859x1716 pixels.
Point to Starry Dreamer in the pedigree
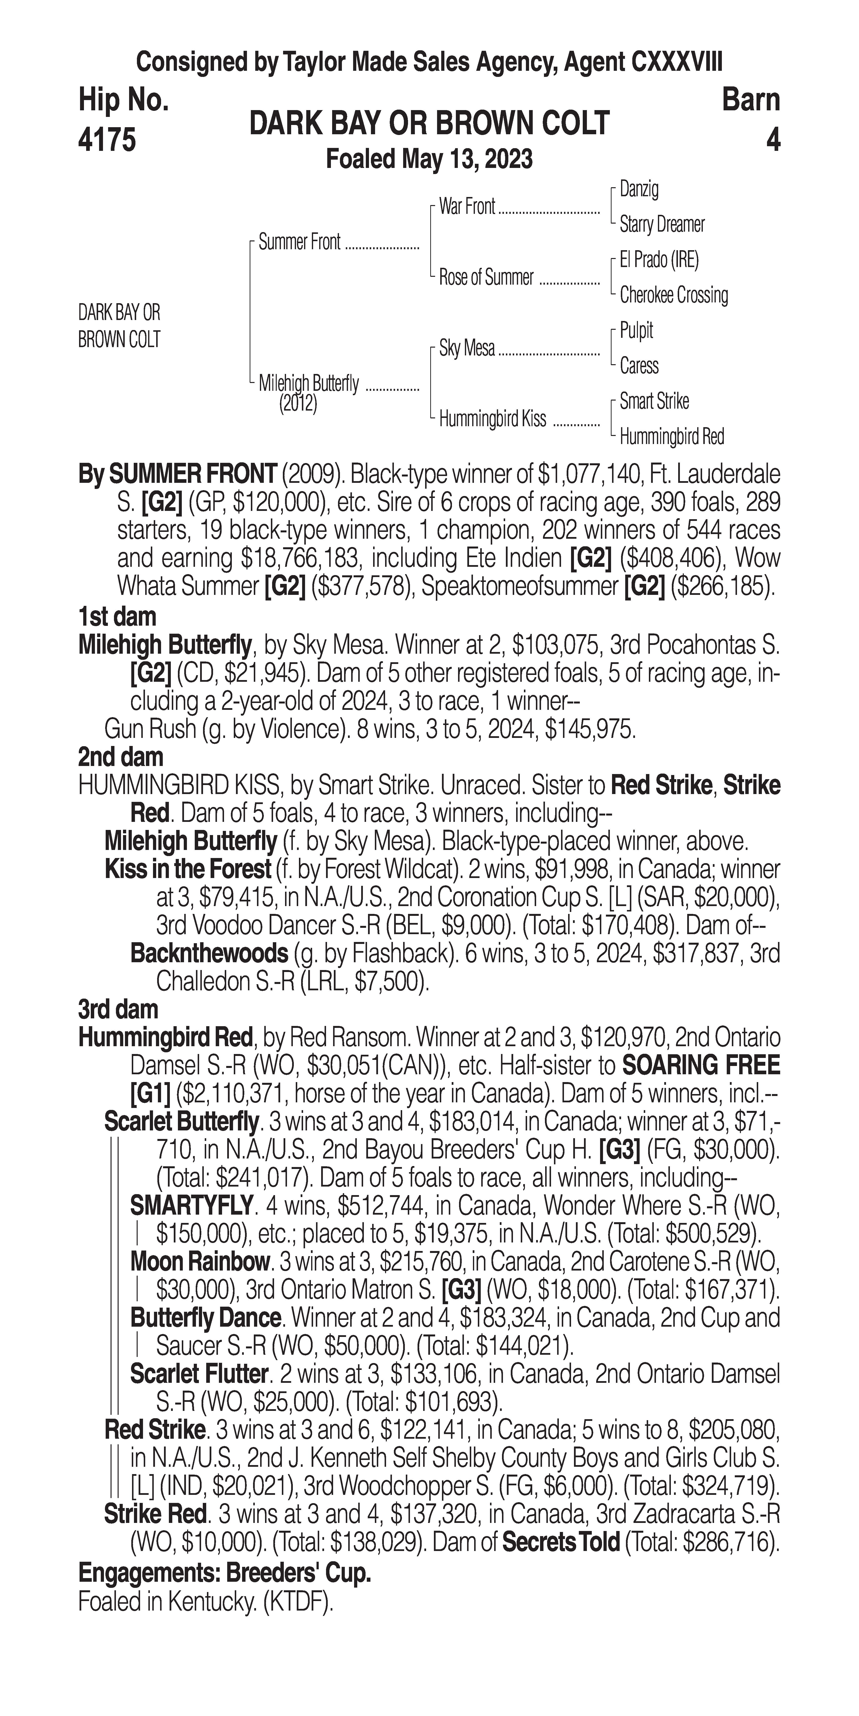661,225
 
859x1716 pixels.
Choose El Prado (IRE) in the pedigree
659,260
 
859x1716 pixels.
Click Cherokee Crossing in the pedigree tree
673,295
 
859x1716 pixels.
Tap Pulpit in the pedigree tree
636,331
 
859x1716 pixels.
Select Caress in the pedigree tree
639,366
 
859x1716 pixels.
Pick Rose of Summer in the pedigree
486,277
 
